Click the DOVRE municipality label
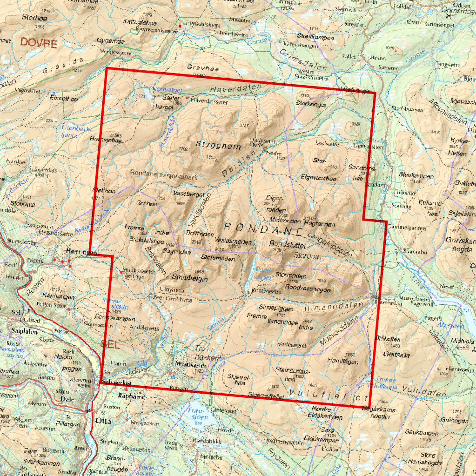pyautogui.click(x=38, y=44)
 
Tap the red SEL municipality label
pyautogui.click(x=110, y=345)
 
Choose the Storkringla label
pyautogui.click(x=311, y=104)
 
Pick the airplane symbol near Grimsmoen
pyautogui.click(x=449, y=15)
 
